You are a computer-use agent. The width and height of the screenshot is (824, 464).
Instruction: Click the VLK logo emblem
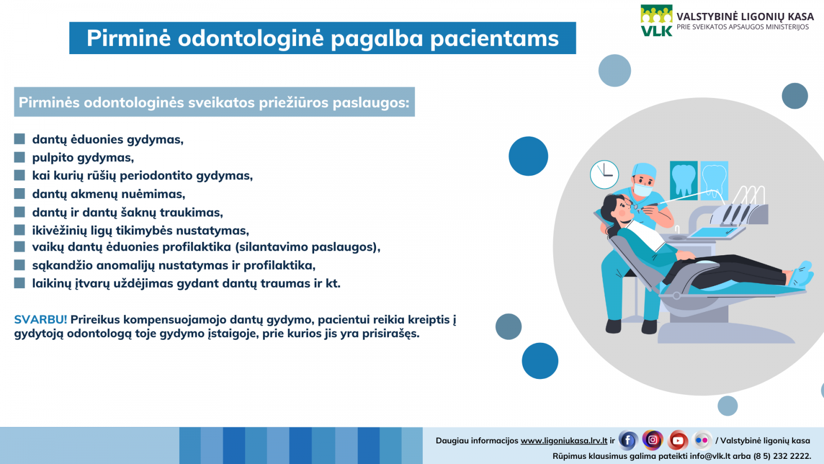click(656, 21)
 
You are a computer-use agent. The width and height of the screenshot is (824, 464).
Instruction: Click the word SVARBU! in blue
click(41, 320)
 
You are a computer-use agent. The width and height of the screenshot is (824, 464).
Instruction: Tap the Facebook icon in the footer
click(628, 440)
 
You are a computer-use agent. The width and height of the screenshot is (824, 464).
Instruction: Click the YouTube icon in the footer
click(678, 440)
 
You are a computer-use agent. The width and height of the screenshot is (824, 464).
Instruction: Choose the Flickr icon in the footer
click(701, 440)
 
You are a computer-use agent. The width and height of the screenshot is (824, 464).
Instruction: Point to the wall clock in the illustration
click(605, 175)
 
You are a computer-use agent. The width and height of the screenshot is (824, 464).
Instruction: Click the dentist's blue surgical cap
click(644, 171)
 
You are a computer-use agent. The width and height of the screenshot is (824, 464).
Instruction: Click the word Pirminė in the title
click(129, 38)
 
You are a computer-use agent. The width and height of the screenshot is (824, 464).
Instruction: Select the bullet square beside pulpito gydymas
click(20, 157)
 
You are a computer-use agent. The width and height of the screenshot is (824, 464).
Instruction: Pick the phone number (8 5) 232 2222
click(782, 456)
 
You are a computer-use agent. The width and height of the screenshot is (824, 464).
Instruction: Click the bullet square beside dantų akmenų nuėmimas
click(20, 194)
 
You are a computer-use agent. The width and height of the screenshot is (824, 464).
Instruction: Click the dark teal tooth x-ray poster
click(683, 180)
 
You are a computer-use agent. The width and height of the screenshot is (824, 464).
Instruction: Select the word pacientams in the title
click(494, 39)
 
